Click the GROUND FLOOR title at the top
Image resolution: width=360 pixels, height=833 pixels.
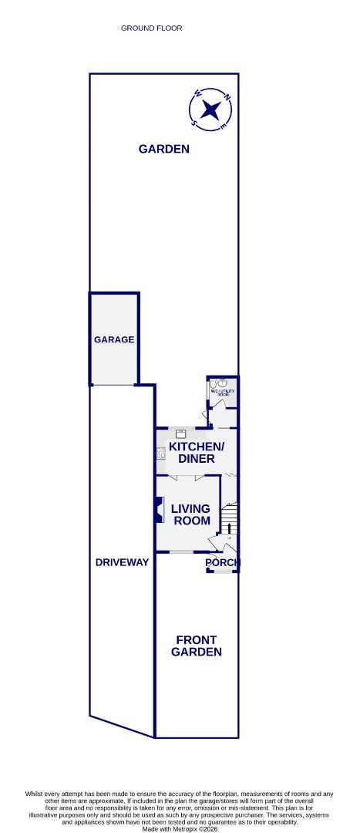(151, 29)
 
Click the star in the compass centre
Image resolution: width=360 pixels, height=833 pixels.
(209, 109)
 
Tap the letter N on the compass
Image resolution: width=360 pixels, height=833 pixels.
(227, 97)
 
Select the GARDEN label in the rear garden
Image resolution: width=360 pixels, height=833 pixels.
(163, 149)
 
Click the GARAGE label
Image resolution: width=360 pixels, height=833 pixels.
(114, 339)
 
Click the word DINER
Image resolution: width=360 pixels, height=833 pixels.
(197, 459)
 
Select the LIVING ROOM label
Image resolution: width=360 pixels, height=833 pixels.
(190, 514)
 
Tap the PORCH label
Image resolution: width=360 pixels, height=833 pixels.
(223, 563)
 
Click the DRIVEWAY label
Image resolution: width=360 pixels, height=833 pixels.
(122, 562)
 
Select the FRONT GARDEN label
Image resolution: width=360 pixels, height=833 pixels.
(197, 646)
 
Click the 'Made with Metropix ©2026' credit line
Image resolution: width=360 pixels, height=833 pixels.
(180, 828)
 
